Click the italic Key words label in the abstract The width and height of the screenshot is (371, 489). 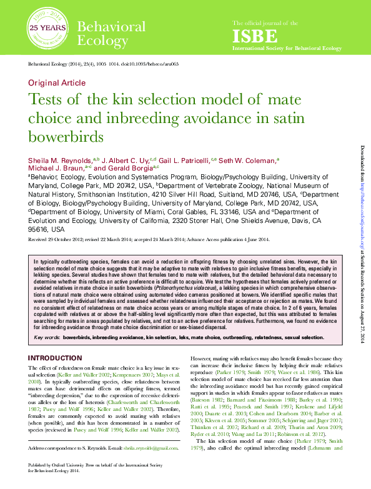coord(47,337)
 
